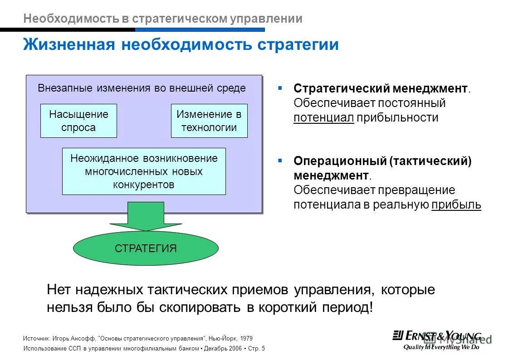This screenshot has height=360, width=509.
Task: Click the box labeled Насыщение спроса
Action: [x=78, y=121]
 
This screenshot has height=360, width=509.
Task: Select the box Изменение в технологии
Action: [x=209, y=121]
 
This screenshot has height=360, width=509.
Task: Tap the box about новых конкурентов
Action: [x=144, y=171]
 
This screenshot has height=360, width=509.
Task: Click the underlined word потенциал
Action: [x=323, y=118]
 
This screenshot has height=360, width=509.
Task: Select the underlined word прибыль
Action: [x=456, y=205]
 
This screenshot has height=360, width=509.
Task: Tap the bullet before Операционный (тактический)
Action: [x=280, y=161]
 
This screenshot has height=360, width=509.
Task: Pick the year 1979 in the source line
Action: [x=246, y=338]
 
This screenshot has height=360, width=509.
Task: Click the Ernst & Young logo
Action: [x=437, y=336]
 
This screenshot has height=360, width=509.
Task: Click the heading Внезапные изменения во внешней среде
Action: [x=142, y=88]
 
